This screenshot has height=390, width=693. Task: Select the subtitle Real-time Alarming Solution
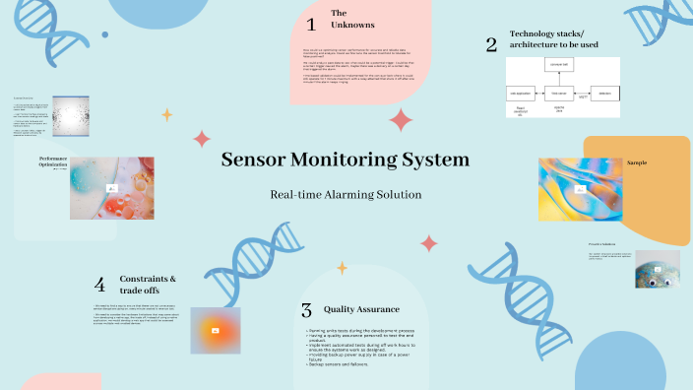tap(346, 194)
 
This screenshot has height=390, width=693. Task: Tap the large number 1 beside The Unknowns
tap(311, 24)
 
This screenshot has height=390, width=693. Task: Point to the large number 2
tap(491, 44)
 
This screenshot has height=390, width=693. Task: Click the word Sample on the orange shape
tap(637, 162)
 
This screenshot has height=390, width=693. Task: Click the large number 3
tap(306, 309)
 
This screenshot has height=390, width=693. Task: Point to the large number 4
tap(99, 285)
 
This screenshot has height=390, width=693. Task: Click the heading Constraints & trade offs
tap(148, 285)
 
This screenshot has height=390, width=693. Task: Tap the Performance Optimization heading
tap(53, 162)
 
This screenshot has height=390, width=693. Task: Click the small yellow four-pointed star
tap(166, 114)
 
